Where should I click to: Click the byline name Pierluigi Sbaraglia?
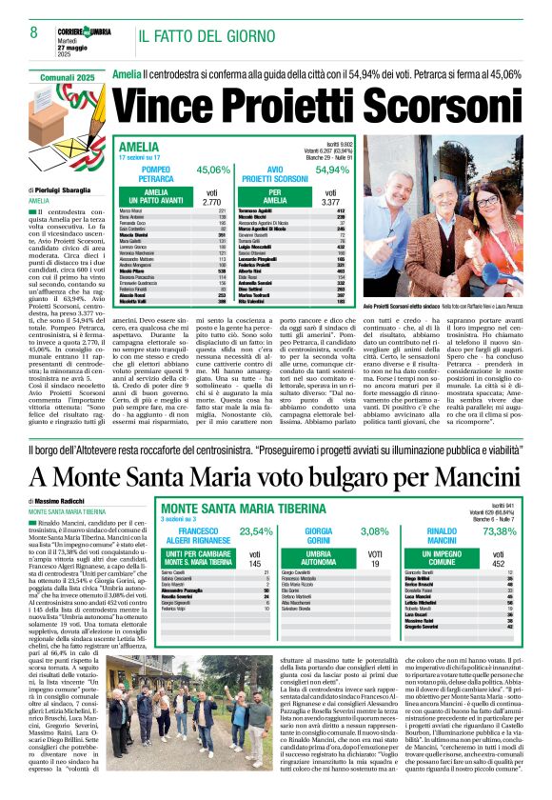72,190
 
